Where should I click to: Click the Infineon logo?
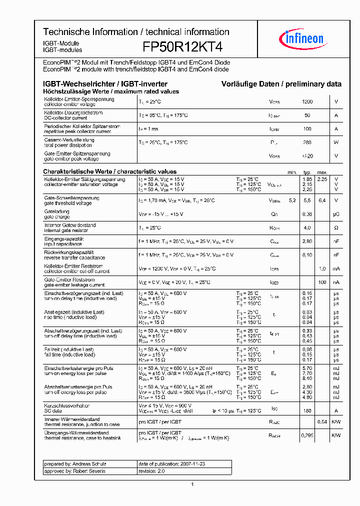304,38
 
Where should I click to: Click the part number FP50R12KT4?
182,47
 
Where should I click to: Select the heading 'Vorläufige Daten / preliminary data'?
281,84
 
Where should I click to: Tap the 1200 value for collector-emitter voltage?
307,102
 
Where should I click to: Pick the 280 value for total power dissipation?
307,142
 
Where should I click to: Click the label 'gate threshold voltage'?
67,203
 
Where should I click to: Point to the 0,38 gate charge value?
307,214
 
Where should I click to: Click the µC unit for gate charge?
336,214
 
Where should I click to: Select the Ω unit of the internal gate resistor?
336,228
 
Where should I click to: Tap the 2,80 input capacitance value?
307,241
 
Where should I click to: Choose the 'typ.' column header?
307,172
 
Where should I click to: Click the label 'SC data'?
52,410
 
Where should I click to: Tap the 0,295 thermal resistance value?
307,435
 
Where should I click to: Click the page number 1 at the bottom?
192,484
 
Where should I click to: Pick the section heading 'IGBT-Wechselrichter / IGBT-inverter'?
105,84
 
